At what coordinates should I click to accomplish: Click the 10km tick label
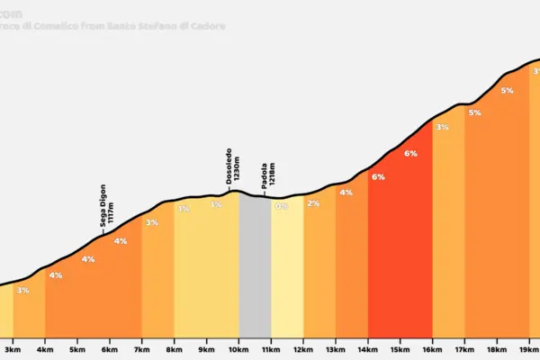pos(238,349)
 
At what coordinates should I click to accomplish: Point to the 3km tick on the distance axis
pos(13,349)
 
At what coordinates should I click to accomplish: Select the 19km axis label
pos(529,349)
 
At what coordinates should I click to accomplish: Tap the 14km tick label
pos(367,349)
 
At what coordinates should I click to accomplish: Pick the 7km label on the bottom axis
pos(141,349)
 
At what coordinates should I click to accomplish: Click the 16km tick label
pos(432,349)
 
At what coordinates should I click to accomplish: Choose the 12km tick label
pos(303,349)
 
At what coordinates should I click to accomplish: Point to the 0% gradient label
pos(281,206)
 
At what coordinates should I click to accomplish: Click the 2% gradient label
pos(313,203)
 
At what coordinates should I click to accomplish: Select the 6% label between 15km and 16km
pos(410,154)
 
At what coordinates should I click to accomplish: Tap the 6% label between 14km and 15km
pos(378,177)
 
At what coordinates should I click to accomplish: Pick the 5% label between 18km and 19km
pos(507,90)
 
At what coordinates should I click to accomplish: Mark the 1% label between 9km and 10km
pos(216,205)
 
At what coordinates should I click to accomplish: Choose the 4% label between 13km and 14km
pos(346,193)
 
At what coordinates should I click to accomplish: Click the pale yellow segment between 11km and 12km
pos(287,270)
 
